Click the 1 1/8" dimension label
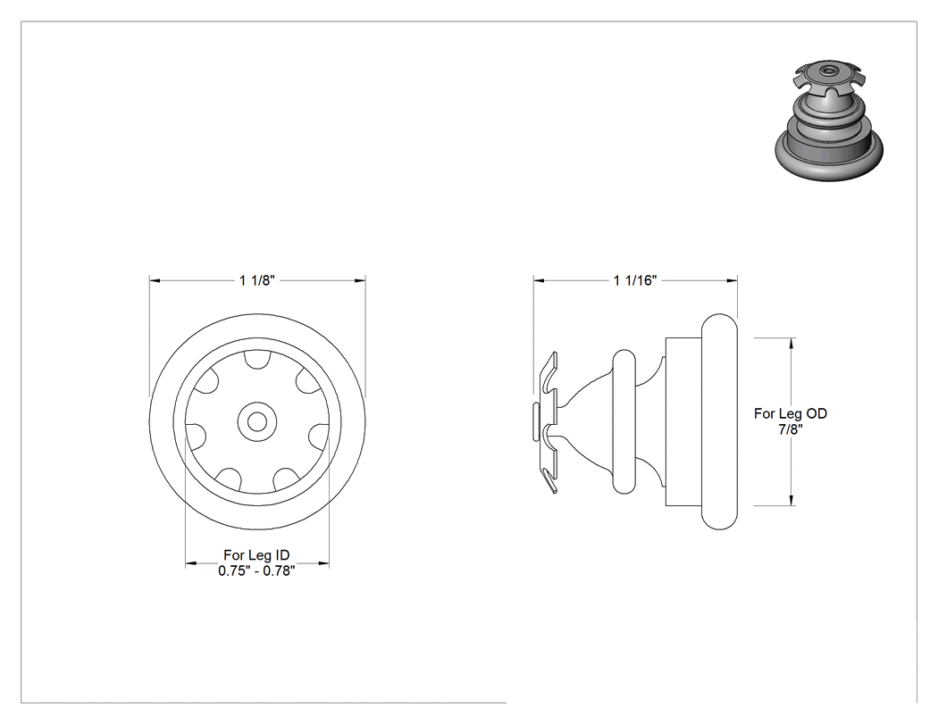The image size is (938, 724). point(256,280)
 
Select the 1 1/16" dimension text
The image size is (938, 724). point(635,280)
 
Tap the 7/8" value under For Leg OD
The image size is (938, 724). point(791,429)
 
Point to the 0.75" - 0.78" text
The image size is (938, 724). point(256,571)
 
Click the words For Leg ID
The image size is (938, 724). point(256,555)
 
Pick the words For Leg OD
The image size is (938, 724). point(791,413)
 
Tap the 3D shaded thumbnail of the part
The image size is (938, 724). point(829,120)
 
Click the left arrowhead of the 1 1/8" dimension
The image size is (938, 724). point(155,279)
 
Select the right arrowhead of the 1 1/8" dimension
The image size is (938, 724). point(360,279)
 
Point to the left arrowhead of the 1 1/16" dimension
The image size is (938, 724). point(539,279)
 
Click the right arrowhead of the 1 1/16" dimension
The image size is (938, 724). point(733,279)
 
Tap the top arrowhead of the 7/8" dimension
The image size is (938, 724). point(792,343)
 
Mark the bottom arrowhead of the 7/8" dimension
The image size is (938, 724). point(792,501)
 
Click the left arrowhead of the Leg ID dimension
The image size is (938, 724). point(190,563)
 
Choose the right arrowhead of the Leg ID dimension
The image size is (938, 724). point(324,563)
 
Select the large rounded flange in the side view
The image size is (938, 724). point(719,422)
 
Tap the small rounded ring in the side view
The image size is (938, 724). point(624,422)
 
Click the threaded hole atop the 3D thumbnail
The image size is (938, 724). point(828,70)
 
